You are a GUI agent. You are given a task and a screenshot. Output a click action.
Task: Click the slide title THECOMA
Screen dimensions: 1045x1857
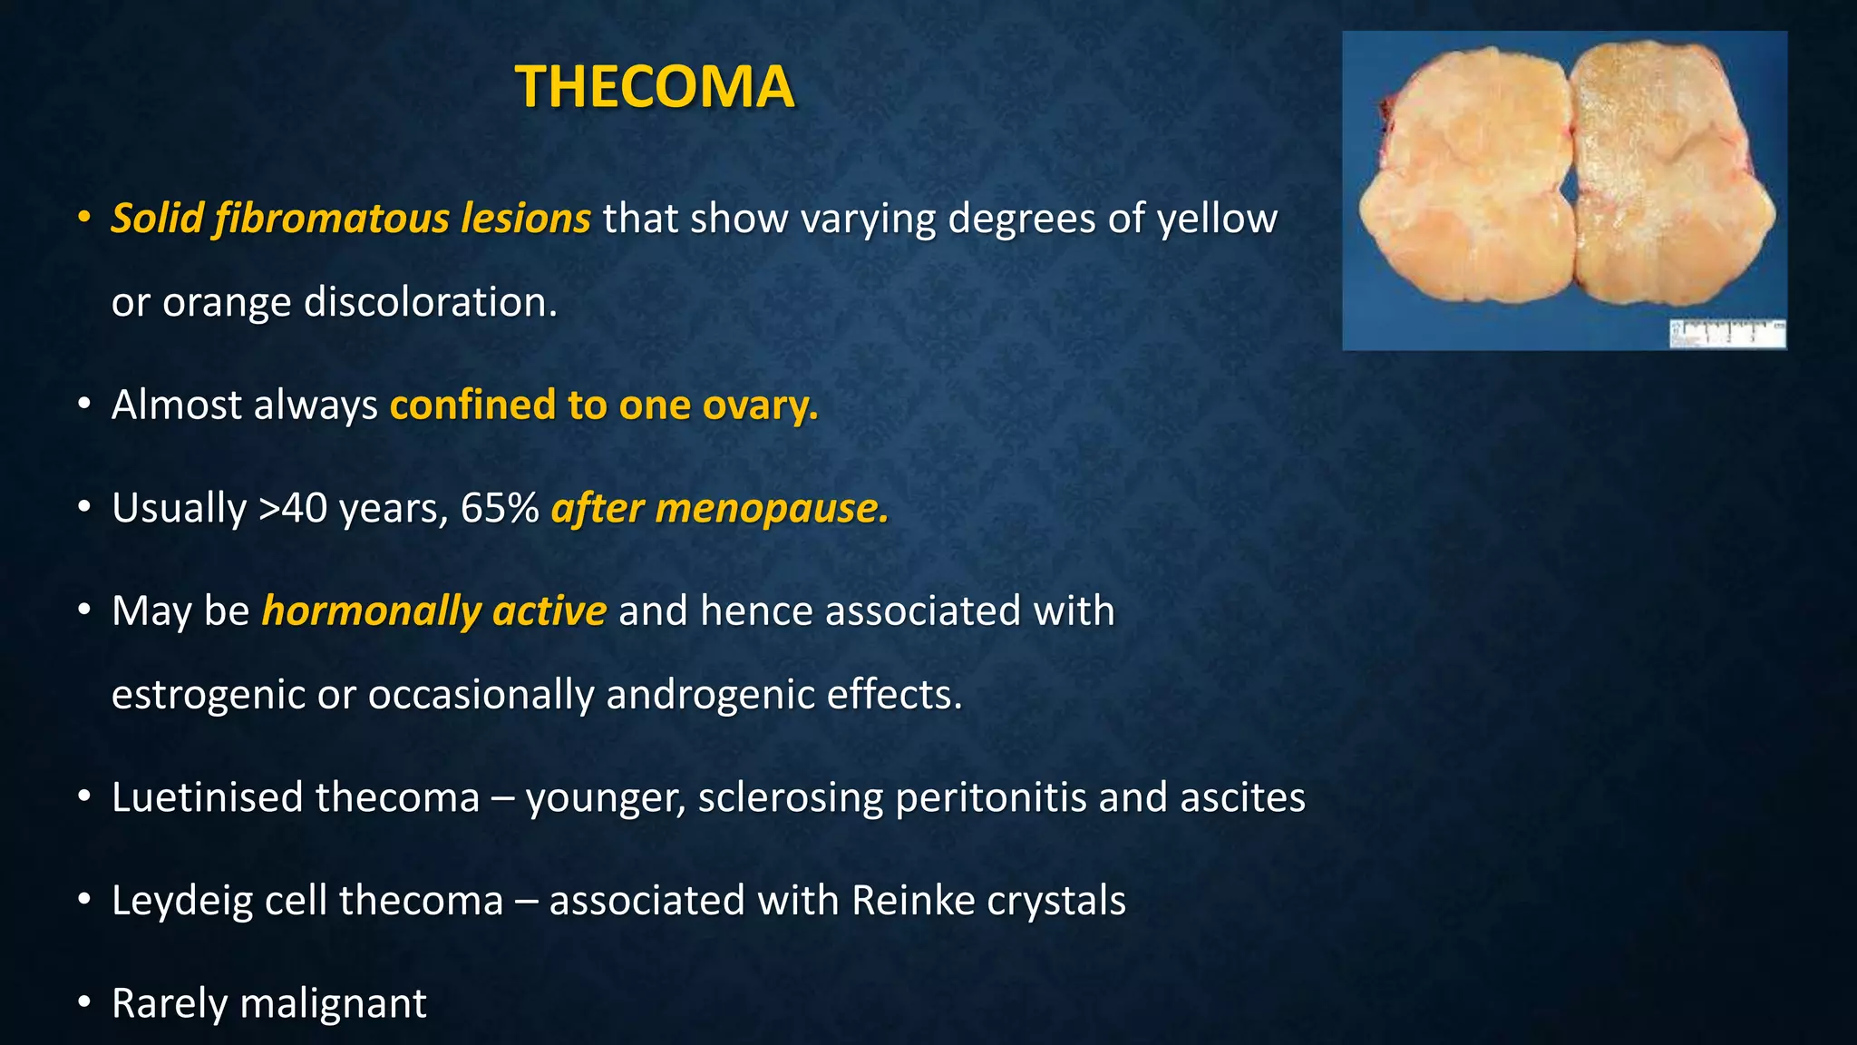654,87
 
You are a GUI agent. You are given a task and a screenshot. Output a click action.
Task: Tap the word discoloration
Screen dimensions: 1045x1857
431,302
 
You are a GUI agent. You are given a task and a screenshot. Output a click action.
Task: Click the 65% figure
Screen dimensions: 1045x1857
500,508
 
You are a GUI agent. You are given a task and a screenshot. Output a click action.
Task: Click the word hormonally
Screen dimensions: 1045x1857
371,610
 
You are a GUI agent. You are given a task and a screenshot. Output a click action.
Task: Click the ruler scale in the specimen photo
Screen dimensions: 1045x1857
1727,333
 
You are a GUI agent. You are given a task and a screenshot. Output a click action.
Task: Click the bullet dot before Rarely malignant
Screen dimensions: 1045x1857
84,1002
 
